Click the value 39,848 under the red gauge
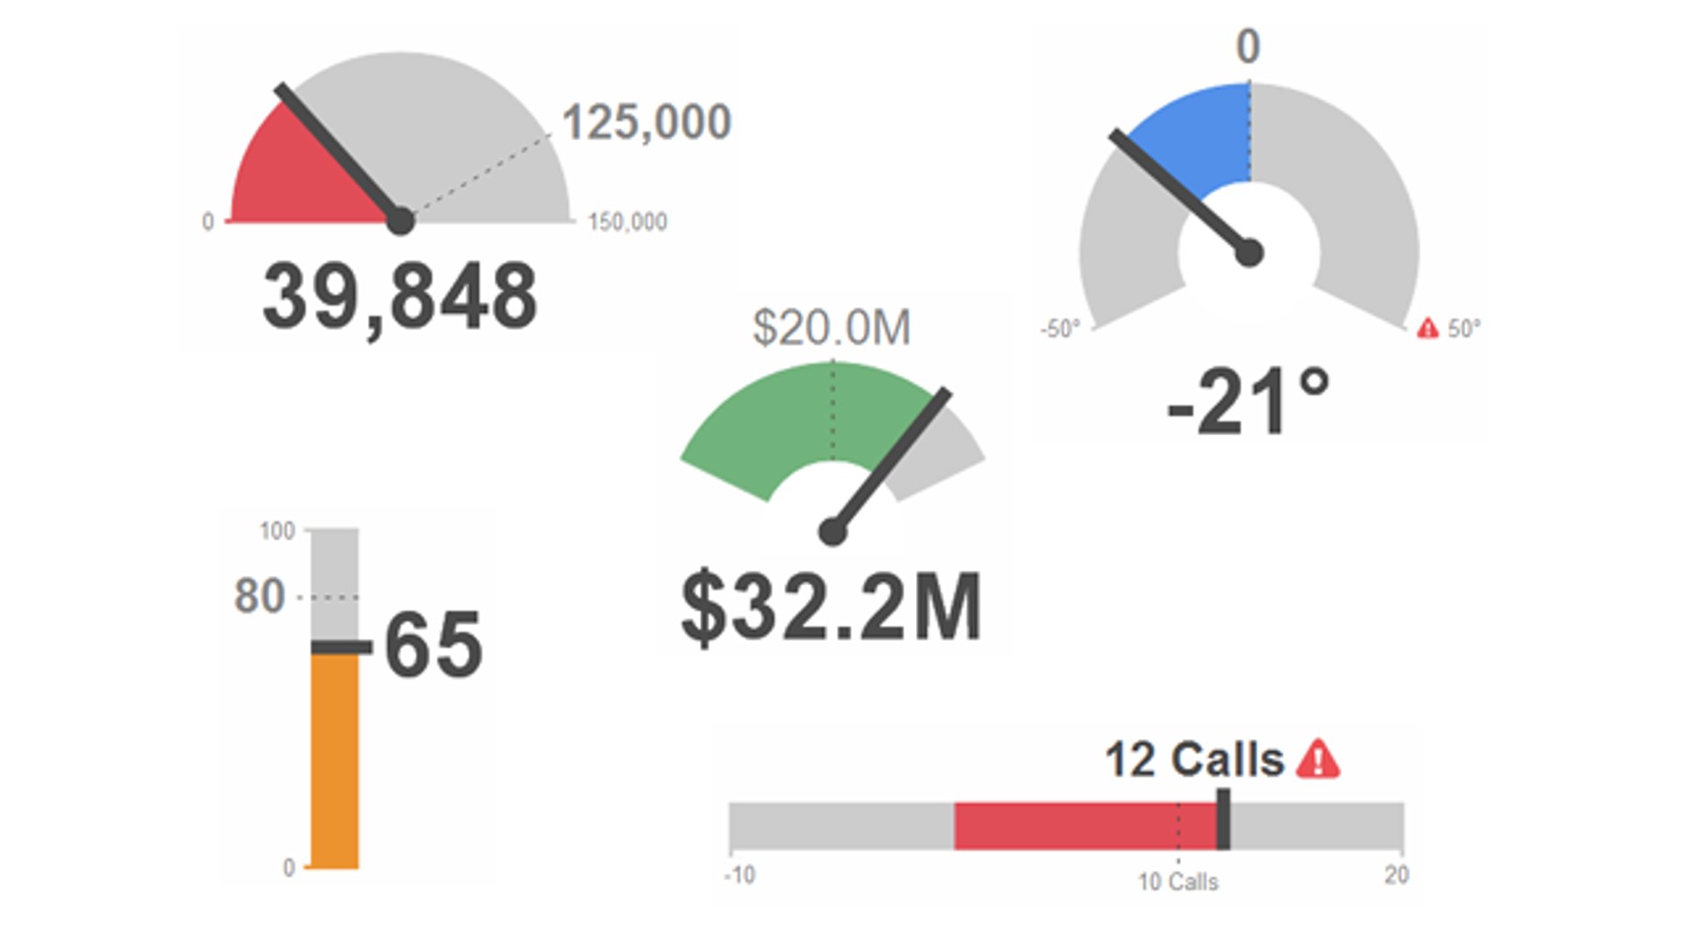[400, 298]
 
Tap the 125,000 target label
[646, 122]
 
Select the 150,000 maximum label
[627, 222]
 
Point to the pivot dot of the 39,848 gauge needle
[400, 221]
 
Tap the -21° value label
[1248, 403]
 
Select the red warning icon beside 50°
[1428, 328]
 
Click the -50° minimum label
[1060, 329]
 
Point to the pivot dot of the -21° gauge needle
[1249, 253]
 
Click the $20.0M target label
[832, 327]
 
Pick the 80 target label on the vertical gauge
[259, 597]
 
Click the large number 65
[434, 646]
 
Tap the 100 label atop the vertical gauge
[277, 531]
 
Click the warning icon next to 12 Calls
[1318, 759]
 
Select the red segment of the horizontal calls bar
[1084, 825]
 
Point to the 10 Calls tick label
[1178, 881]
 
